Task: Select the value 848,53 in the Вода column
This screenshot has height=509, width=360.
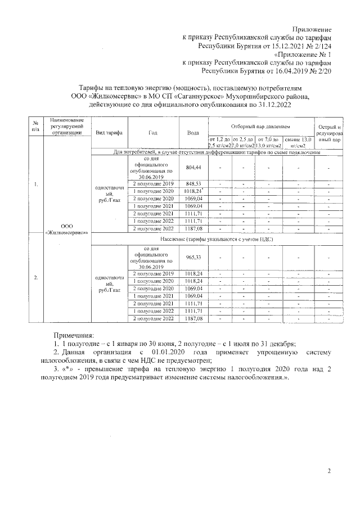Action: (x=193, y=184)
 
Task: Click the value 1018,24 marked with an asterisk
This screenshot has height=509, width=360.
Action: (x=193, y=191)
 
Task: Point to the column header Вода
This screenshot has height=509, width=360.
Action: (x=193, y=132)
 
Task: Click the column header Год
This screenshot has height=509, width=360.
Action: (x=153, y=132)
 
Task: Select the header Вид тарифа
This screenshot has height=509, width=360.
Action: (x=109, y=132)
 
